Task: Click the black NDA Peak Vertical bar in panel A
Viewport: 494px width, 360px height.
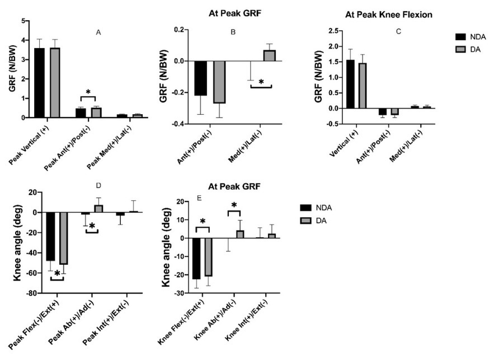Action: (39, 83)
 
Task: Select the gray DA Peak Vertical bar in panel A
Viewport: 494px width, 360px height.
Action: (55, 83)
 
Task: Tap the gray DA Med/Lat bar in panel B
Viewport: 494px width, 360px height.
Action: (270, 55)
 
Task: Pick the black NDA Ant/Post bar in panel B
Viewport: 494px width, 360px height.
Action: (200, 78)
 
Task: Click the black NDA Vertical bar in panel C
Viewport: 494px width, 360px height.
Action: (350, 84)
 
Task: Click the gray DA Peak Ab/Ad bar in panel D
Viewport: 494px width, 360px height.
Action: (98, 209)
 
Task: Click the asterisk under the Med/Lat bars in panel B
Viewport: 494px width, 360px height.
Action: (261, 82)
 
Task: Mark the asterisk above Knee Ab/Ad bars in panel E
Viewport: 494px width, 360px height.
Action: (234, 205)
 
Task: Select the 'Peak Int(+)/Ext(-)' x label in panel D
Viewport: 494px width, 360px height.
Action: (110, 324)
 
